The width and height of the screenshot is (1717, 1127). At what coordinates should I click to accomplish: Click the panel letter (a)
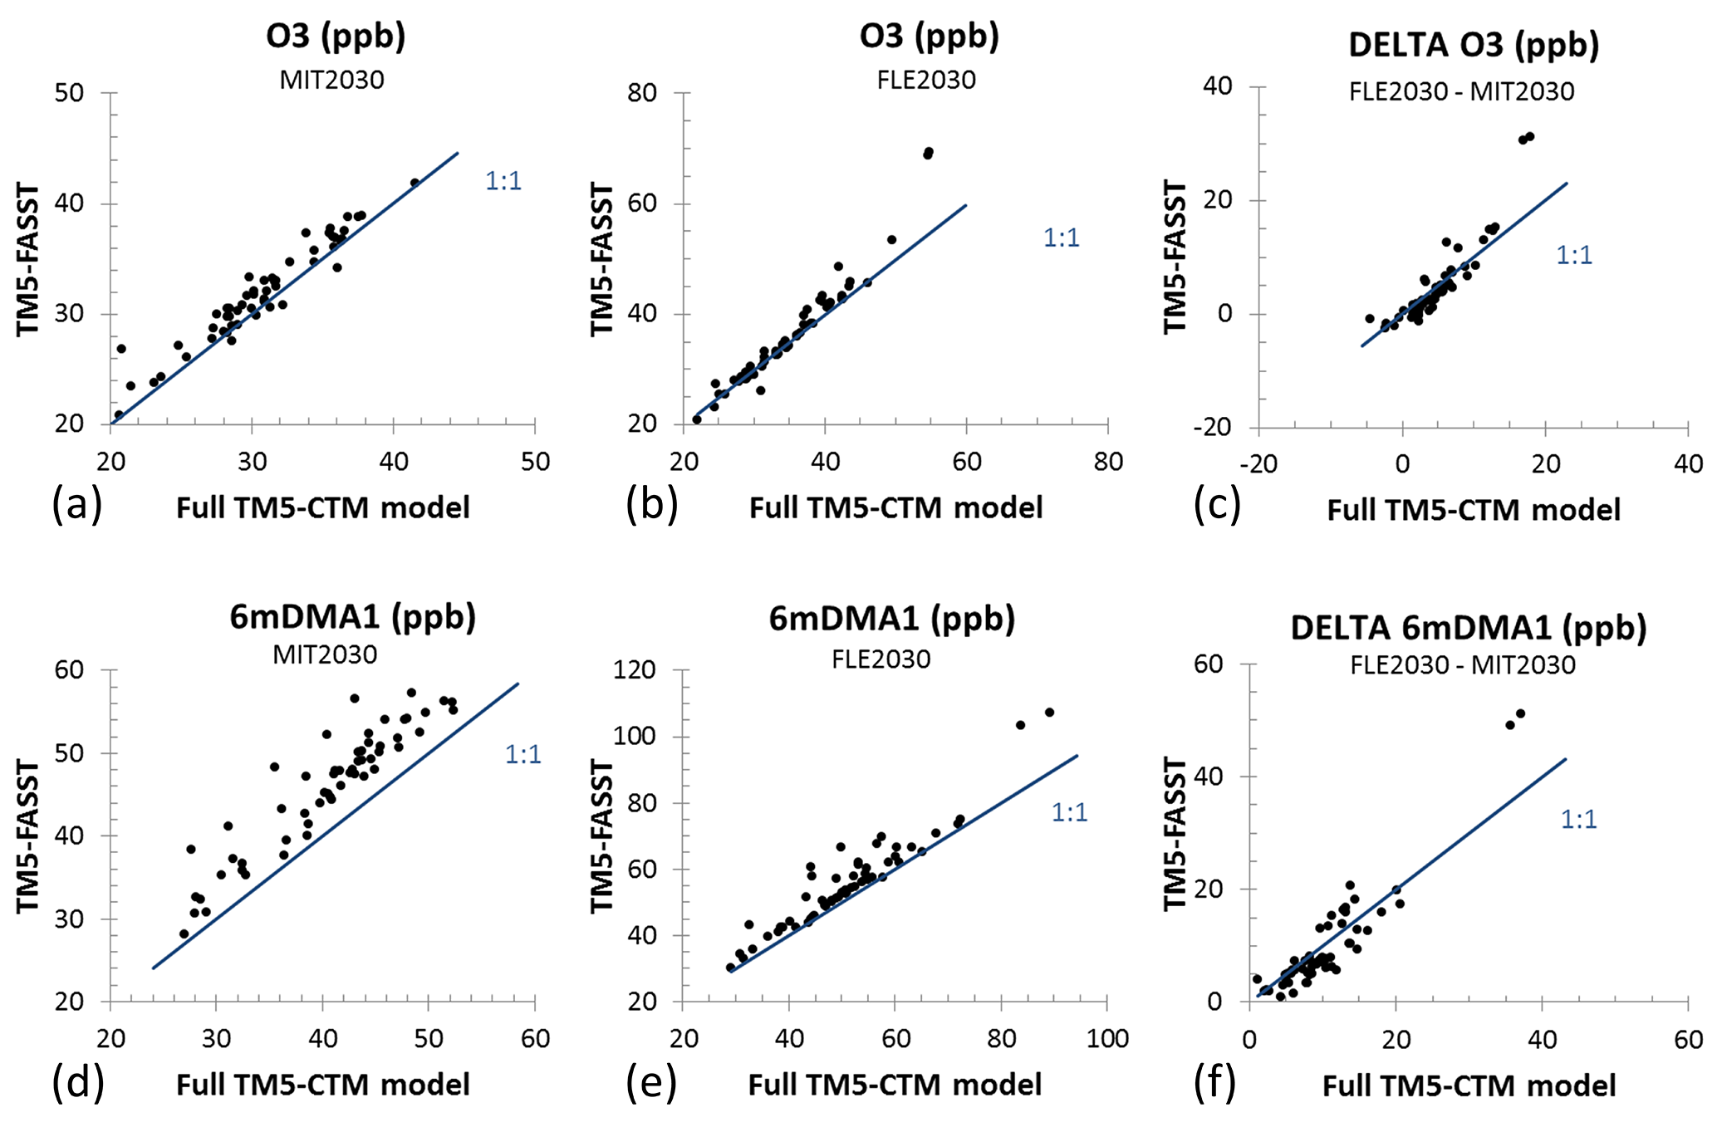76,504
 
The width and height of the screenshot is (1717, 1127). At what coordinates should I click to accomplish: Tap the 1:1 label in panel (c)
1574,255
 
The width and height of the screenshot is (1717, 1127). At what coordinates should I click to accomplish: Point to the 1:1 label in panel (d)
523,754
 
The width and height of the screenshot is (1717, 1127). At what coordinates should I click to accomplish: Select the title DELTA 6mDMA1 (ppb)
1468,628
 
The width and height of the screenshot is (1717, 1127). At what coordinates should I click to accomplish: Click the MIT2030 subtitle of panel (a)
331,81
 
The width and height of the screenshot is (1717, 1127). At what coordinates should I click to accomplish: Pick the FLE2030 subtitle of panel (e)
881,659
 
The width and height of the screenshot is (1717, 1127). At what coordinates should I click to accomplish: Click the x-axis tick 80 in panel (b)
1108,462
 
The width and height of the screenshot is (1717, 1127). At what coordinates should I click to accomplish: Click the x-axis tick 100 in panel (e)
1107,1039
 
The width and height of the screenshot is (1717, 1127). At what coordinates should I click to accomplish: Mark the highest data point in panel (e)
1049,713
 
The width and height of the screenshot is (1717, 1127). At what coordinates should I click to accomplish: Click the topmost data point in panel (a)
415,183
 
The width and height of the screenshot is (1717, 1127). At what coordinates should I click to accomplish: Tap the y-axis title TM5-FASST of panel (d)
28,836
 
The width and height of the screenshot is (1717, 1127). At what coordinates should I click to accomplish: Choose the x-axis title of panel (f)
1469,1085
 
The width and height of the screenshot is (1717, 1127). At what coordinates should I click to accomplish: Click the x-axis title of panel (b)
895,508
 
